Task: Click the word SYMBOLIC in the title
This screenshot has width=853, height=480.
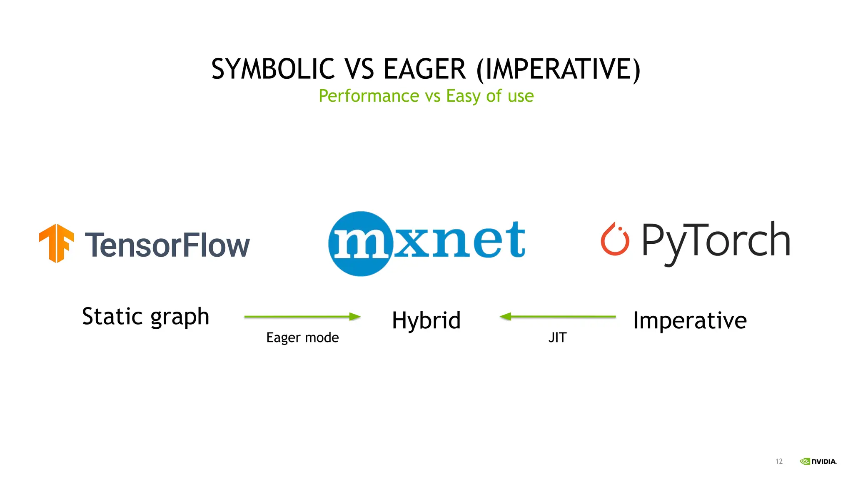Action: [x=272, y=69]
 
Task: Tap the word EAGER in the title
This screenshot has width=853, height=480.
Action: [x=424, y=69]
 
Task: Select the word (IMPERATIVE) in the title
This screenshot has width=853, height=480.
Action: [x=558, y=69]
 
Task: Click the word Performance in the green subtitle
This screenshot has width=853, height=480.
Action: [x=369, y=96]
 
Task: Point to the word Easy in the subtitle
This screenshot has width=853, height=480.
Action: [x=463, y=96]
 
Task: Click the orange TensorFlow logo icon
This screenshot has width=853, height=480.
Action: [x=57, y=243]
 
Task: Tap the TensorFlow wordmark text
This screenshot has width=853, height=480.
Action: [x=167, y=245]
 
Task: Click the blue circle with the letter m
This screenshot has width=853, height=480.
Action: [x=361, y=244]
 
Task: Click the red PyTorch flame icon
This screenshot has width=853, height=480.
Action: [x=615, y=239]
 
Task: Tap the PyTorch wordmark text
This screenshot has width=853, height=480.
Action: [x=716, y=241]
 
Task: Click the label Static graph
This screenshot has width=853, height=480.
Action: [x=145, y=317]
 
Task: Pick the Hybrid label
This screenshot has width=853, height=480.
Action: [x=426, y=320]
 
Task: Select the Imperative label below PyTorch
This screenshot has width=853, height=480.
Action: [x=690, y=320]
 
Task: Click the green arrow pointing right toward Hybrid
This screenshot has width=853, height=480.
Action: [x=302, y=317]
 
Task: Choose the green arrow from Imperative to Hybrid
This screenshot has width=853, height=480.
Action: [x=558, y=317]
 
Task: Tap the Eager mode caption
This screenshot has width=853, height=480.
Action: [x=302, y=337]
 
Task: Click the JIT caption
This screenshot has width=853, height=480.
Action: [x=557, y=337]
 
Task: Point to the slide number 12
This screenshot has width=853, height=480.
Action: [x=779, y=461]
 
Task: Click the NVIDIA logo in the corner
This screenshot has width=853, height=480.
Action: [x=818, y=461]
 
